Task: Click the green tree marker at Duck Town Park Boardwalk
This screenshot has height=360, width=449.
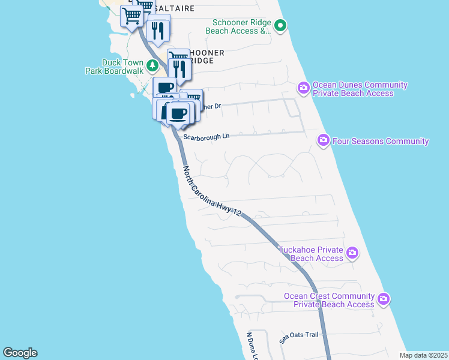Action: [153, 65]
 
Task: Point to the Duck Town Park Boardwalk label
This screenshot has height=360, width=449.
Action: [115, 66]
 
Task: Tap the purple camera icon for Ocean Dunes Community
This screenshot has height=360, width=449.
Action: [304, 89]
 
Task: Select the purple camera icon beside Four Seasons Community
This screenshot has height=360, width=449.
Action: [324, 140]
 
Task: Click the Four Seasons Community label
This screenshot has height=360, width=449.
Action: [381, 142]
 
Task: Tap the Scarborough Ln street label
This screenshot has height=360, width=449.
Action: [206, 137]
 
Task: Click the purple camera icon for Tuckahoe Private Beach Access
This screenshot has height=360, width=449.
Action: [352, 253]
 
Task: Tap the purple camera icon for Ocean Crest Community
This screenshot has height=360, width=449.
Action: [384, 298]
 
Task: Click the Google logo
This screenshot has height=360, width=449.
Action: [20, 353]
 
